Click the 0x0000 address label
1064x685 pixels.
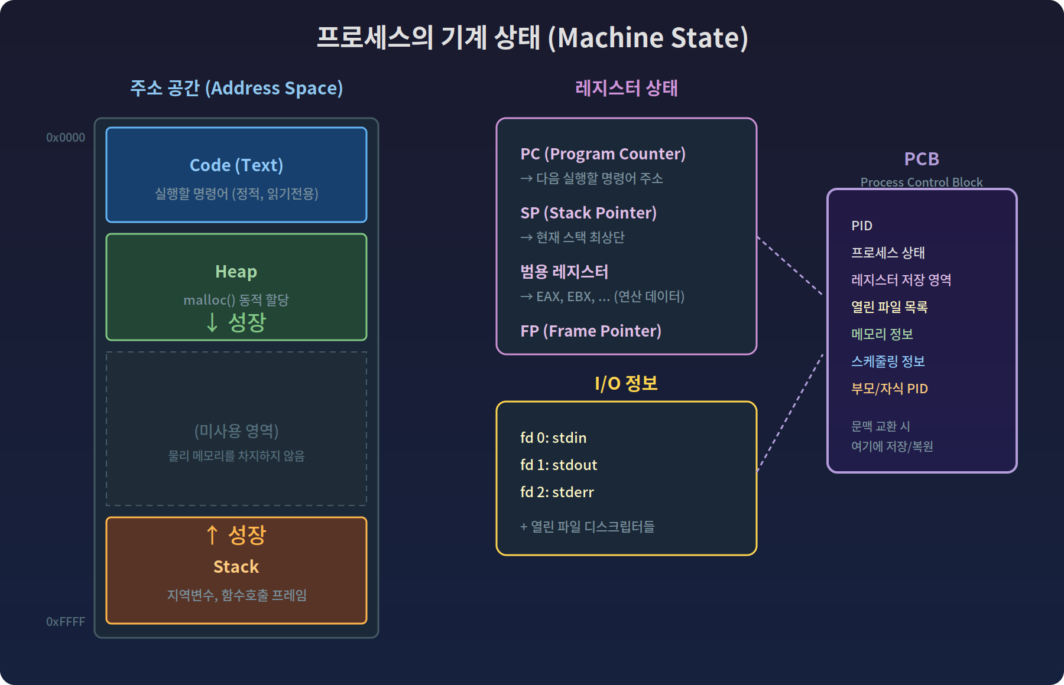(66, 138)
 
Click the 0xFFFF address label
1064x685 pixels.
(66, 622)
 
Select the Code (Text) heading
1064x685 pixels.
(236, 165)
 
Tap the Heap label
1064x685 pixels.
(236, 272)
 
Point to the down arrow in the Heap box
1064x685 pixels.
(212, 322)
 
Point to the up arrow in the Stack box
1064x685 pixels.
(212, 535)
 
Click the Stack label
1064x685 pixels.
(236, 567)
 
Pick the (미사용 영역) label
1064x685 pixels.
(236, 431)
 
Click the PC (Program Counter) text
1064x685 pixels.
(603, 154)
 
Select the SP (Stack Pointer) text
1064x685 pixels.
(588, 213)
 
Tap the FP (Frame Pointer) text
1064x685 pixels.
(591, 331)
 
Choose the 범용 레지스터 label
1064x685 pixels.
(564, 272)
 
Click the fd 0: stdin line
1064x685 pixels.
(553, 438)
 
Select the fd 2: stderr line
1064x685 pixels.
(557, 492)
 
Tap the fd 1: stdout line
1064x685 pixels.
(559, 465)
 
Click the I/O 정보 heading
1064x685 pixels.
(626, 384)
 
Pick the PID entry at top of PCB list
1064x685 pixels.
(862, 226)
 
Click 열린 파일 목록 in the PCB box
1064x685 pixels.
(889, 308)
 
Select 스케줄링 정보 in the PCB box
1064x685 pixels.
(888, 362)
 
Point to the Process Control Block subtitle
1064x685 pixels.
(922, 182)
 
